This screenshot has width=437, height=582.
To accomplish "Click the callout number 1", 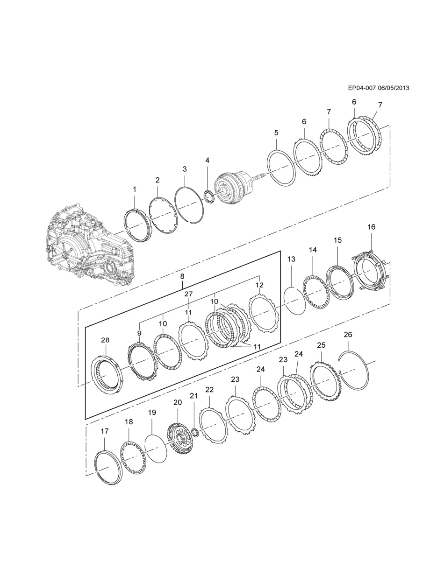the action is pos(135,189).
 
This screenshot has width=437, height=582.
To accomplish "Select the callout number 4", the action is pos(207,161).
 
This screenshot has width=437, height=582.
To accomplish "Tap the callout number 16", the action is pos(372,227).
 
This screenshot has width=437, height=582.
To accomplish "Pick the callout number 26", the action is pos(348,335).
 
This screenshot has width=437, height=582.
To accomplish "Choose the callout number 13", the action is pos(291,259).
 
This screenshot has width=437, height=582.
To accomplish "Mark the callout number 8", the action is pos(182,276).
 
